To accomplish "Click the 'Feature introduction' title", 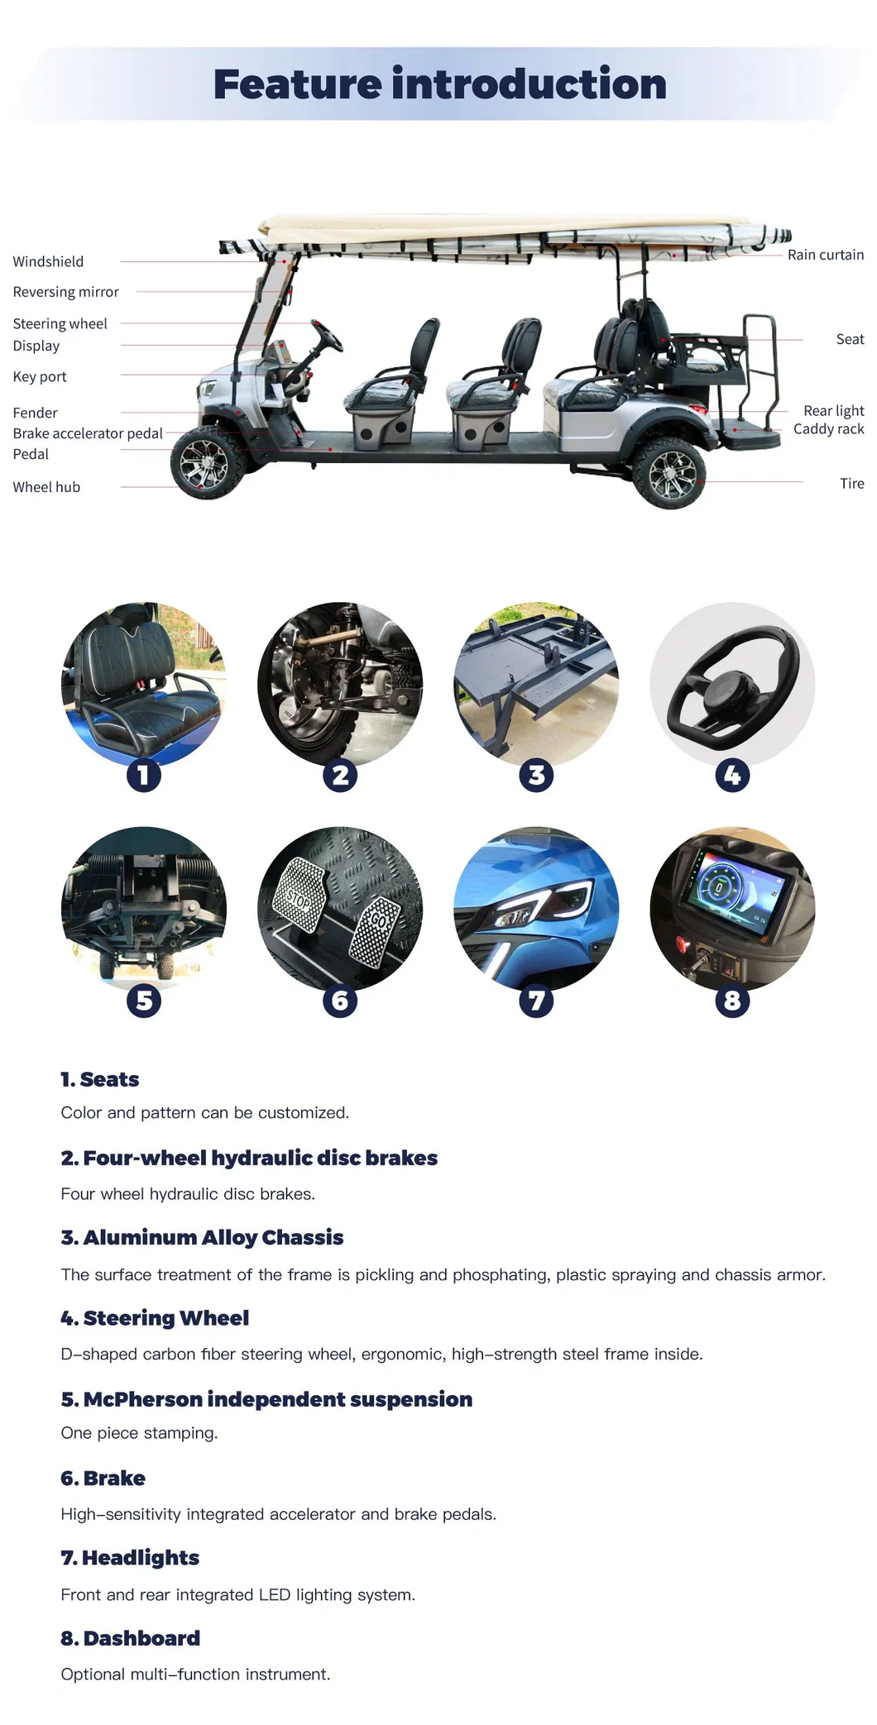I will pyautogui.click(x=439, y=84).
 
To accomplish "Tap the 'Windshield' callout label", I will pyautogui.click(x=48, y=261).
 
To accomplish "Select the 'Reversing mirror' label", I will pyautogui.click(x=65, y=292).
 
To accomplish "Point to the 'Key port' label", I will pyautogui.click(x=40, y=376).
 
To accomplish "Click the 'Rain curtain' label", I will pyautogui.click(x=825, y=255).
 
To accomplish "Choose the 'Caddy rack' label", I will pyautogui.click(x=828, y=428).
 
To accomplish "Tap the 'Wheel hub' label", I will pyautogui.click(x=46, y=487).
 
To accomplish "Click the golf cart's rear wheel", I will pyautogui.click(x=670, y=474).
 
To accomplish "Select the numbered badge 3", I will pyautogui.click(x=536, y=775).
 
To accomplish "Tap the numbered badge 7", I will pyautogui.click(x=536, y=1001).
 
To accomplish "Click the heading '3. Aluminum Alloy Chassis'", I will pyautogui.click(x=202, y=1237).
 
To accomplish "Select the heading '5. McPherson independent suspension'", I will pyautogui.click(x=266, y=1399).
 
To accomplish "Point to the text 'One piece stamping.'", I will pyautogui.click(x=139, y=1433).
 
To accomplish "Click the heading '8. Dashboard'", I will pyautogui.click(x=130, y=1638).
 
